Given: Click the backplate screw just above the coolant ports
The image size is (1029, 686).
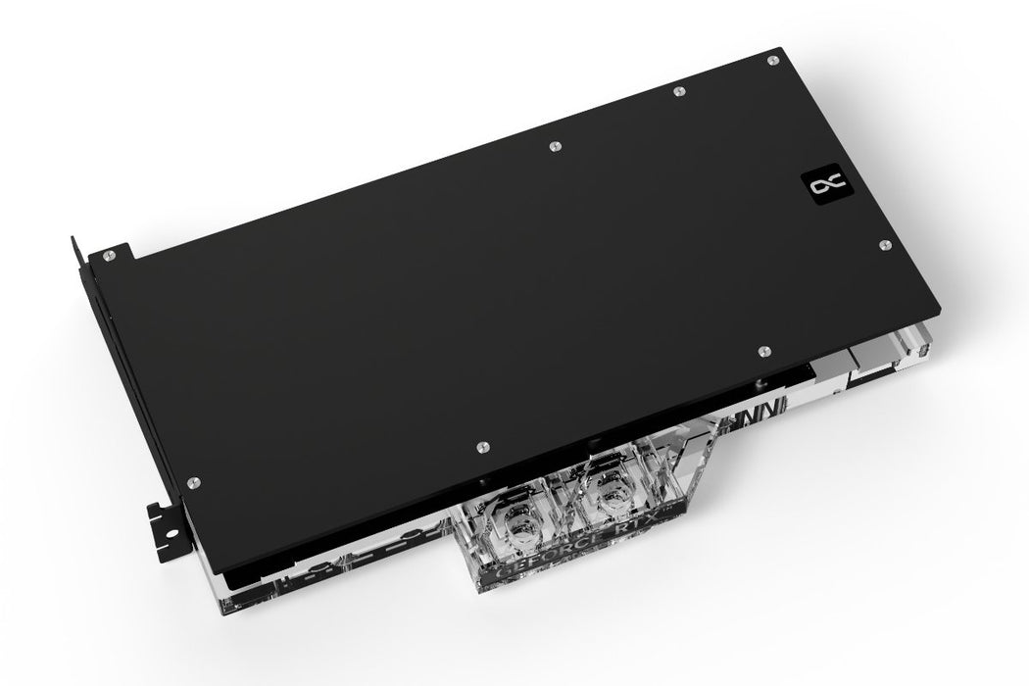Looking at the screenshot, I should click(x=479, y=449).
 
